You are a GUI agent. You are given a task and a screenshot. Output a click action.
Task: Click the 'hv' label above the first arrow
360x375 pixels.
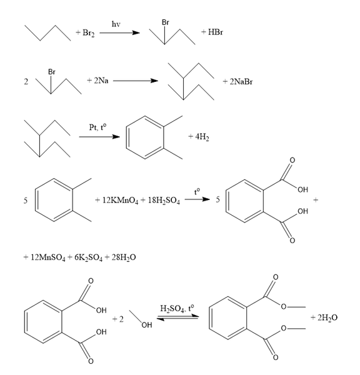pos(116,24)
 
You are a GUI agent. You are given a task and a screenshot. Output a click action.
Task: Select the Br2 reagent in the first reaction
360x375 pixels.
pos(89,32)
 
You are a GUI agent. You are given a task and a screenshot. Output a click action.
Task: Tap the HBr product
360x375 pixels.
pos(216,32)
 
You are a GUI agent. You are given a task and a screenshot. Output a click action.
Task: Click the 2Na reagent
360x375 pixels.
pos(101,81)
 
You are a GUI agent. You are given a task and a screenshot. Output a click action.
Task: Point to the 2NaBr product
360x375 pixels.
pos(241,82)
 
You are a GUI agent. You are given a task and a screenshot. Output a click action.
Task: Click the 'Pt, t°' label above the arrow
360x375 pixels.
pos(97,127)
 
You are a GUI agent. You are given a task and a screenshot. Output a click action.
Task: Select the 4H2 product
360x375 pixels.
pos(202,137)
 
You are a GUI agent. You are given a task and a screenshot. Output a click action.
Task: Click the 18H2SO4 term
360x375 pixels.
pos(164,200)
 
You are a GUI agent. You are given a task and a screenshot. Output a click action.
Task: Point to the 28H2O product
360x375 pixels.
pos(124,257)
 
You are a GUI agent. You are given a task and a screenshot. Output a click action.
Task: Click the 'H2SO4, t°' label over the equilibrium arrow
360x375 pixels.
pos(177,309)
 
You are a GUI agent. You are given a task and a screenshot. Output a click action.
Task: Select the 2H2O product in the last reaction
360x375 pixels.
pos(327,318)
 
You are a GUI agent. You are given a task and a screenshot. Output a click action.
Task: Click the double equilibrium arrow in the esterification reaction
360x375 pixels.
pos(177,317)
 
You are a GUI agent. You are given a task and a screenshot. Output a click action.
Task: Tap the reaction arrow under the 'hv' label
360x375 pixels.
pos(119,32)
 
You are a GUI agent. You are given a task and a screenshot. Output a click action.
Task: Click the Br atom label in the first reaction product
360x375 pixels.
pos(166,22)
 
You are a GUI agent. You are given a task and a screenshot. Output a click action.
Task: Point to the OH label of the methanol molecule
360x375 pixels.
pos(147,325)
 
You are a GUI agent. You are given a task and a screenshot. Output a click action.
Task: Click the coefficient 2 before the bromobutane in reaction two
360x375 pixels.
pos(26,82)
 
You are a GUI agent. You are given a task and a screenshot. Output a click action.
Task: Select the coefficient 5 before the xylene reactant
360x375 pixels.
pos(26,201)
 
